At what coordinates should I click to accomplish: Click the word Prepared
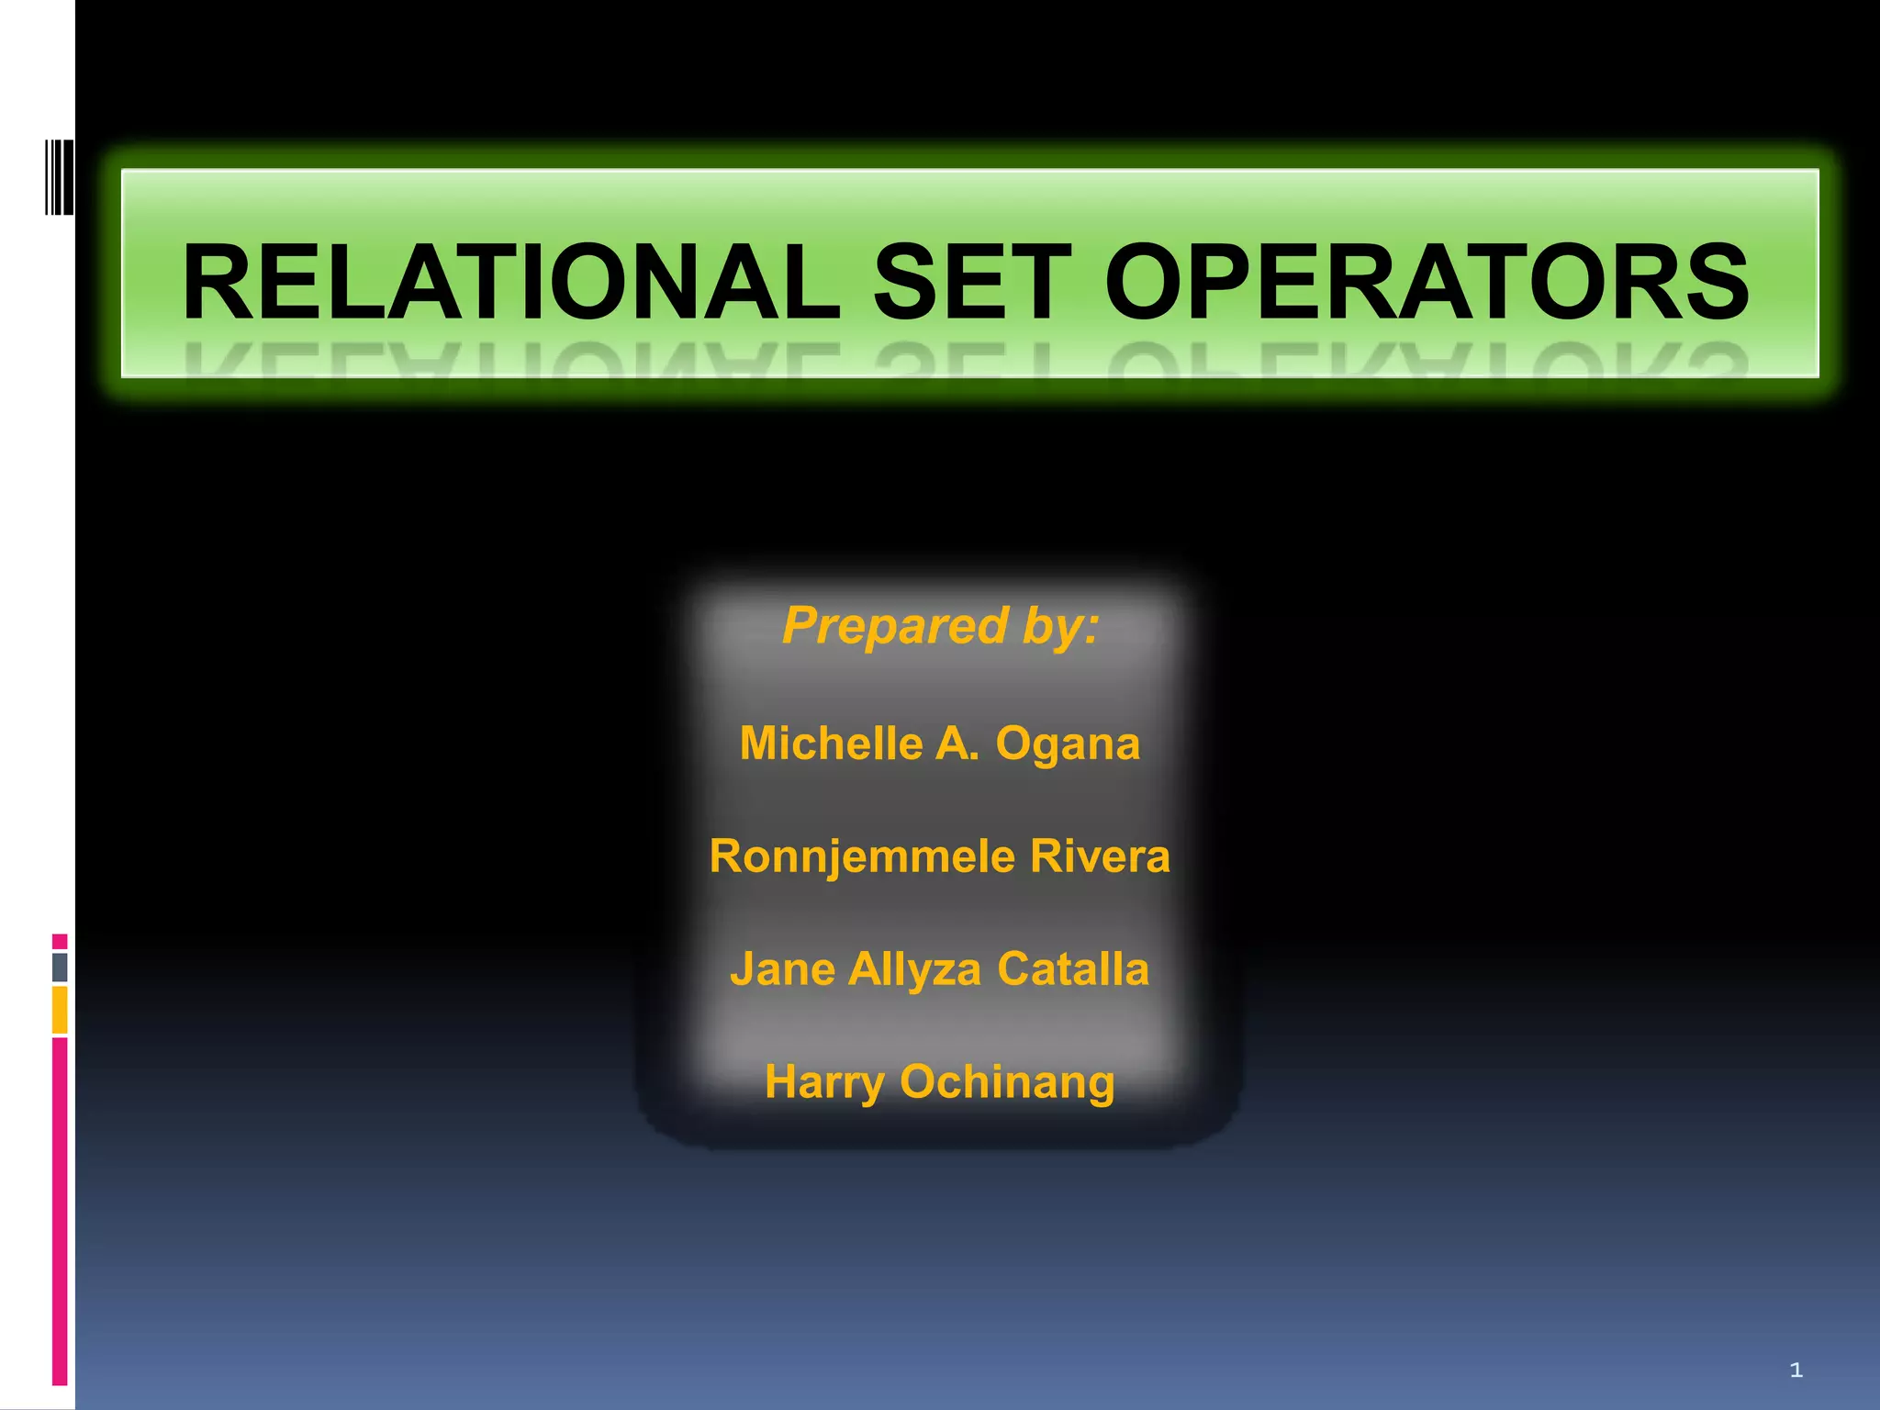pos(895,626)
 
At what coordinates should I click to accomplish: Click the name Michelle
pos(832,743)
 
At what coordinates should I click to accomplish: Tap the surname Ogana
pos(1068,744)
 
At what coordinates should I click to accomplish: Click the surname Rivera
pos(1100,856)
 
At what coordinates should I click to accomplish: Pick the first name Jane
pos(782,969)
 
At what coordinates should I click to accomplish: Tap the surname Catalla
pos(1073,969)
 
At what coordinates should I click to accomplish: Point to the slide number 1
pos(1796,1371)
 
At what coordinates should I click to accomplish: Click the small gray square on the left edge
pos(60,967)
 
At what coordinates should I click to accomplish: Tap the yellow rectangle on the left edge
pos(60,1010)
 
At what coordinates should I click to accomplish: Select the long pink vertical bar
pos(60,1211)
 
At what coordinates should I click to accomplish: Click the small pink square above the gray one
pos(60,941)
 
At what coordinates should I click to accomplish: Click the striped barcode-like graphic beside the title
pos(60,177)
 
